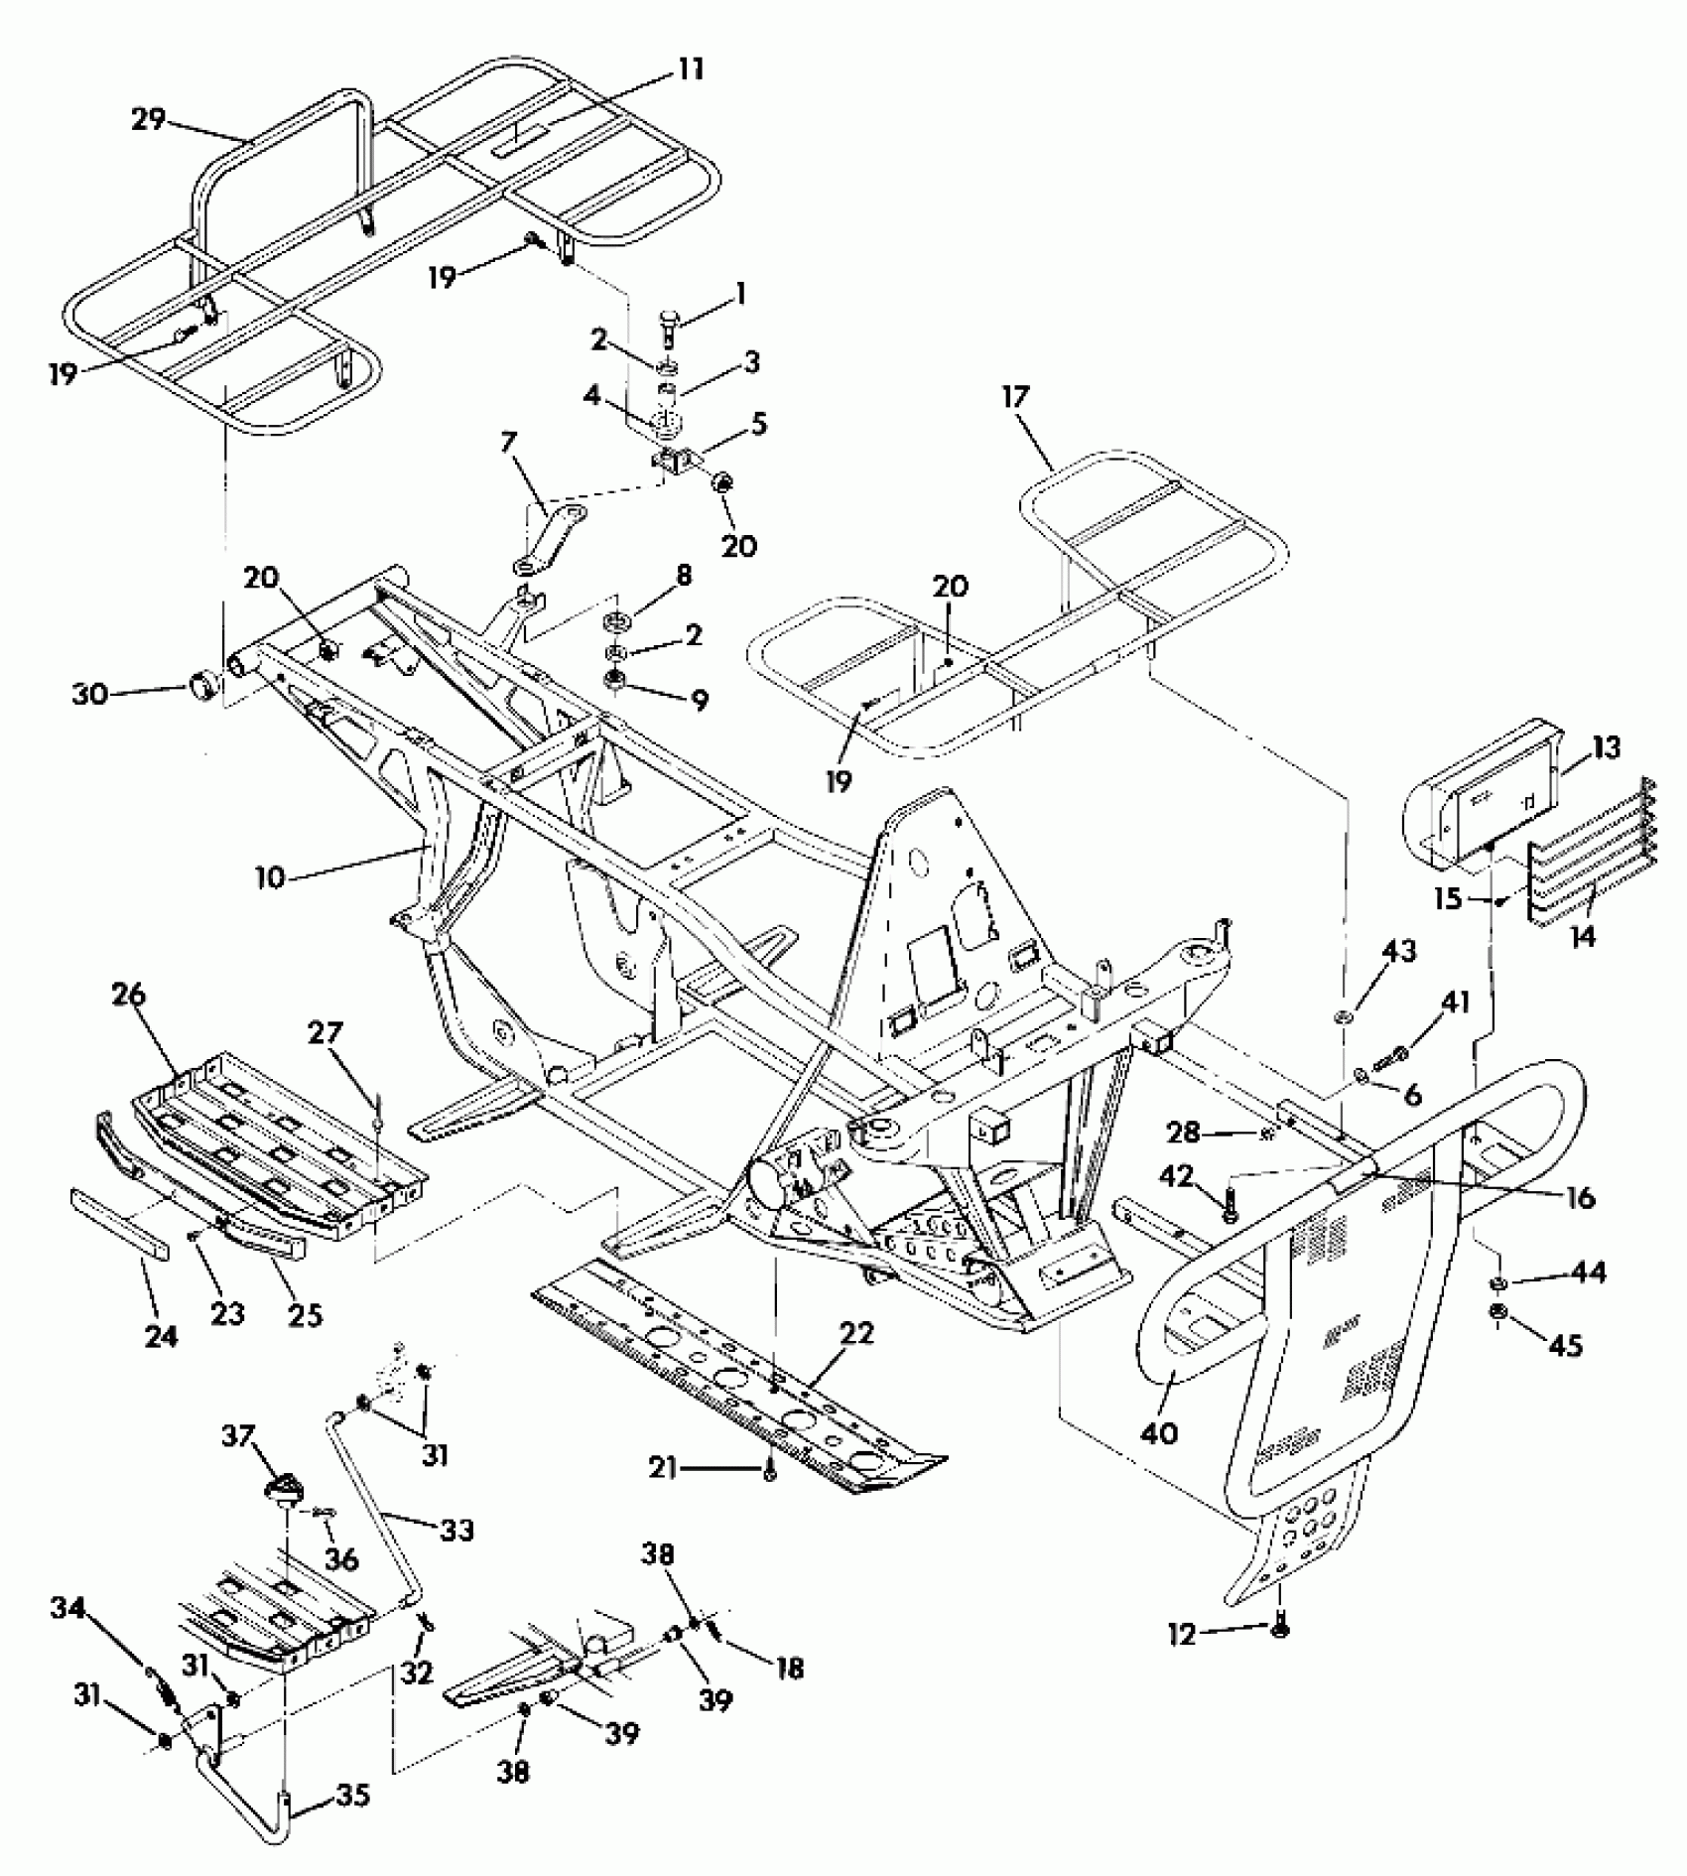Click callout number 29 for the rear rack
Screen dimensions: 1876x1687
coord(148,120)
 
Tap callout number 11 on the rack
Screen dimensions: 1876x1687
coord(691,69)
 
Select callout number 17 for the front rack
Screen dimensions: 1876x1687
coord(1016,399)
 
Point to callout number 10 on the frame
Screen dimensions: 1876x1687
coord(269,876)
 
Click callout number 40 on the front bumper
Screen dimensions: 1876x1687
coord(1160,1433)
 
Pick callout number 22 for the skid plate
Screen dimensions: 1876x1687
coord(855,1334)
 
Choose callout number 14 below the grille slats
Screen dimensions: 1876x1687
coord(1584,936)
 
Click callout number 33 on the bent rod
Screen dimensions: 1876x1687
coord(457,1530)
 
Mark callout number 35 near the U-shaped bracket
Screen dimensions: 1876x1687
coord(354,1795)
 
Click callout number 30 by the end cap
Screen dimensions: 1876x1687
coord(89,694)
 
